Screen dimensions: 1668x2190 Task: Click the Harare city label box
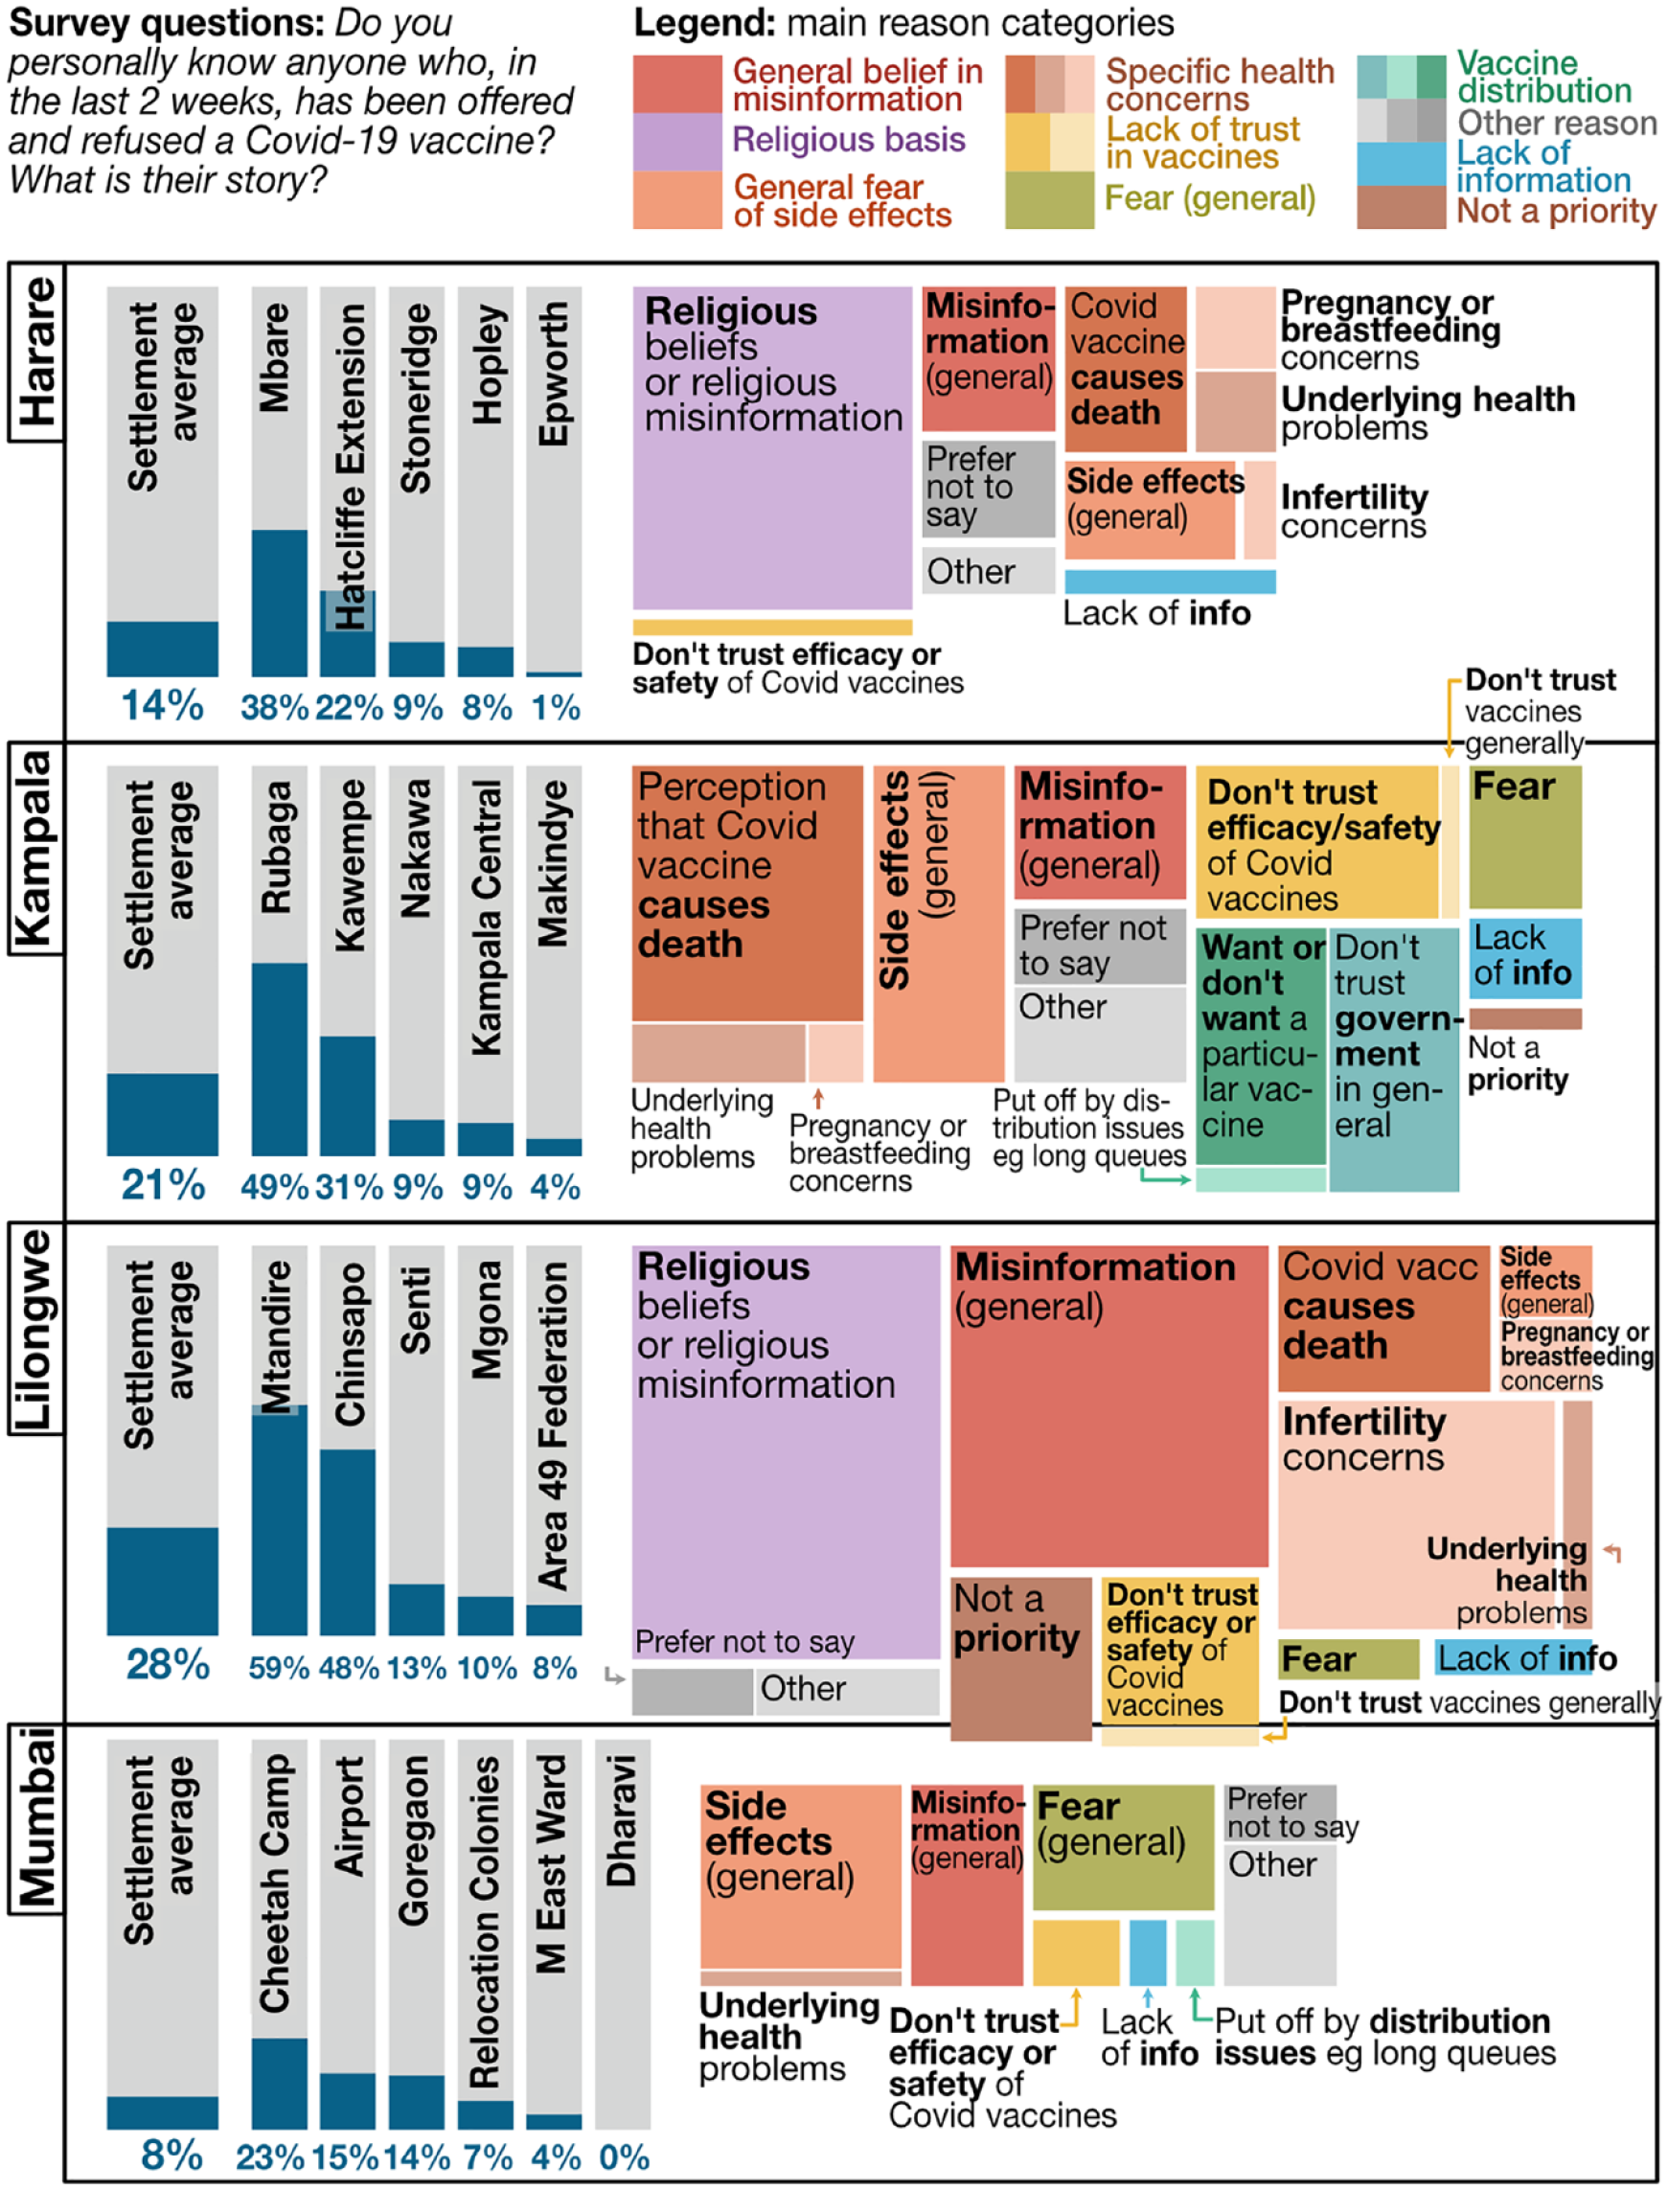tap(35, 352)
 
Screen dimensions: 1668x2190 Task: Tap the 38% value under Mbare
tap(275, 707)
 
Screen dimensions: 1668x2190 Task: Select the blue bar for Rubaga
tap(279, 1059)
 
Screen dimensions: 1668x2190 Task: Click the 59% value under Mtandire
tap(279, 1667)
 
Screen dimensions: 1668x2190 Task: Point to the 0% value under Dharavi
tap(625, 2157)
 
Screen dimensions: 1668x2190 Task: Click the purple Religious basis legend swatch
tap(677, 142)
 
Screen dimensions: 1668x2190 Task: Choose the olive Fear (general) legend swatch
tap(1049, 199)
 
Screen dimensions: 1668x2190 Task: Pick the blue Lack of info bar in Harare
tap(1170, 581)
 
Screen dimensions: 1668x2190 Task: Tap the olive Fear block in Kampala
tap(1525, 837)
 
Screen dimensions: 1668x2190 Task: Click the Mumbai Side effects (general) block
tap(800, 1877)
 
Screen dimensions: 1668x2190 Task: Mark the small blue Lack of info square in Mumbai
tap(1148, 1951)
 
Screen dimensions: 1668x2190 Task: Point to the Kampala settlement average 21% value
tap(163, 1184)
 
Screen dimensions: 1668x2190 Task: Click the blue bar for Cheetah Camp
tap(279, 2083)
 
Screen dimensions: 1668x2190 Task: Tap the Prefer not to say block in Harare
tap(988, 489)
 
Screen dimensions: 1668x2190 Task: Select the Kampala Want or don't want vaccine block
tap(1260, 1045)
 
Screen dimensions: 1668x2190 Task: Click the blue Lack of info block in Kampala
tap(1525, 958)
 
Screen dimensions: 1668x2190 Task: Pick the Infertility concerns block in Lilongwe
tap(1416, 1515)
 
